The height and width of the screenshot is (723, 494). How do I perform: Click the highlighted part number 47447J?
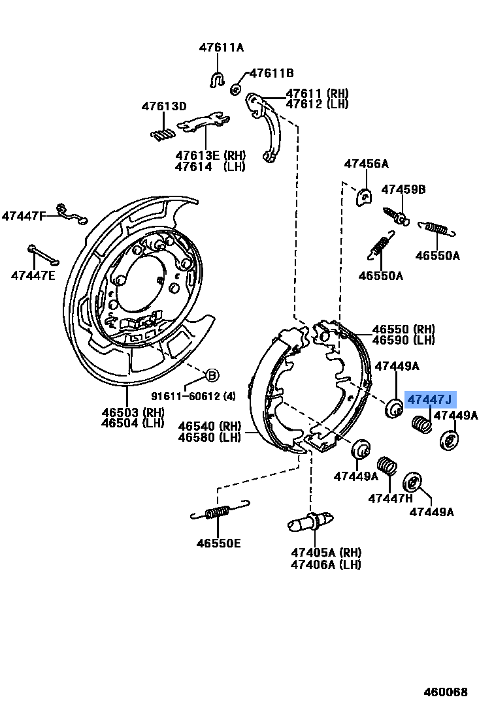430,399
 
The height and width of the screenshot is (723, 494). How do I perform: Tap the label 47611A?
221,48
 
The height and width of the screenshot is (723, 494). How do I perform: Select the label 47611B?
272,73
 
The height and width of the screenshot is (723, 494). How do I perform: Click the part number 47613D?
165,106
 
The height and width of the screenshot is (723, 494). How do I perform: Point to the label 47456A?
367,164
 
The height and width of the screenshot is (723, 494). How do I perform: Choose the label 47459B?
404,190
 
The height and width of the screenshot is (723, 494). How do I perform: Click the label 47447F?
24,215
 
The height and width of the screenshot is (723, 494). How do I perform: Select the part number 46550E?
218,543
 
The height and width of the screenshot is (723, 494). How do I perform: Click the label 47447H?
391,499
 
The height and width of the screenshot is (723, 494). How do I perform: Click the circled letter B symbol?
212,375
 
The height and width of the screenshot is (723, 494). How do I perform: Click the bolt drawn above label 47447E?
43,254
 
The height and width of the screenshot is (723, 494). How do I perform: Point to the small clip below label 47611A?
217,80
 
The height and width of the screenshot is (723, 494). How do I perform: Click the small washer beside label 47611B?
237,88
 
